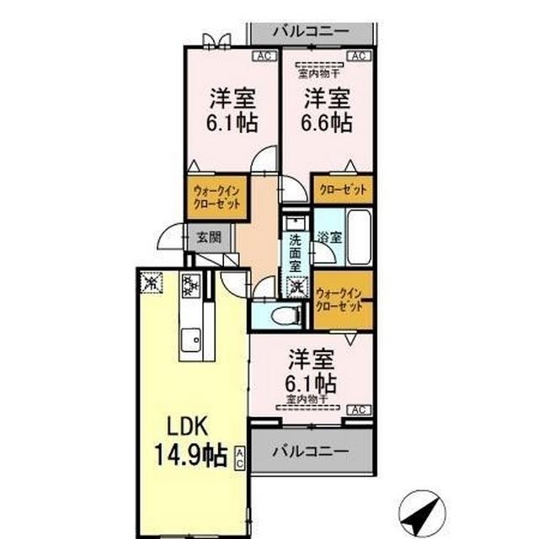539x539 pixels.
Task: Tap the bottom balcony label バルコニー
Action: [x=311, y=451]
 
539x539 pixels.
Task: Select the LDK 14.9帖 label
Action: [x=193, y=440]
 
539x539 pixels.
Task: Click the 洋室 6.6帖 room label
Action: [x=327, y=110]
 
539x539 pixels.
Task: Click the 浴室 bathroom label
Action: [x=329, y=238]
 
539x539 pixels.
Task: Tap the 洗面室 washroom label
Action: [x=296, y=252]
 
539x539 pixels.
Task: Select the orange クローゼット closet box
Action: [x=342, y=189]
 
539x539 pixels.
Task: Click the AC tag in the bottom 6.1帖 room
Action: [x=357, y=410]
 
